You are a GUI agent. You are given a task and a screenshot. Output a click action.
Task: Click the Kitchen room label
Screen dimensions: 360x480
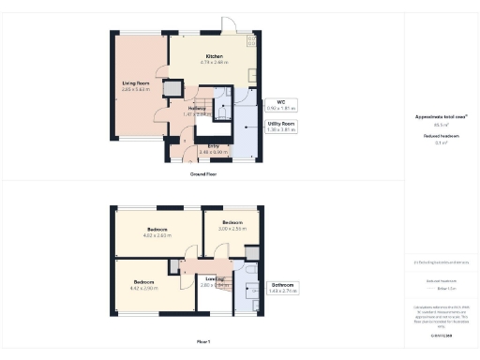point(215,56)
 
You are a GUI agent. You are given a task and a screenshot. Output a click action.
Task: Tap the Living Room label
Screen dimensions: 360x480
point(137,83)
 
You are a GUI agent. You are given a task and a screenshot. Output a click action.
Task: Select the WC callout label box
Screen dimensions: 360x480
point(281,105)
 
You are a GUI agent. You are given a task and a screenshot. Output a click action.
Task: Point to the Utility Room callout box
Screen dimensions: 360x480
point(281,127)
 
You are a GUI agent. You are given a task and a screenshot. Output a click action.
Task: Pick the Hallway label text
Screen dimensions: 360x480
point(197,108)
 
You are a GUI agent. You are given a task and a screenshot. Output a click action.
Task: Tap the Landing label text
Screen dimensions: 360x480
point(215,278)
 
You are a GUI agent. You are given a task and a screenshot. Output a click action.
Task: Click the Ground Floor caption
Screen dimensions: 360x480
point(203,174)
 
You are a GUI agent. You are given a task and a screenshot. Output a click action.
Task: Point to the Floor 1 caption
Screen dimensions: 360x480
point(203,341)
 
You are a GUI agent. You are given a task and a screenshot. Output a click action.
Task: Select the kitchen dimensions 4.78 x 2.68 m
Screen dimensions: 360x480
point(215,63)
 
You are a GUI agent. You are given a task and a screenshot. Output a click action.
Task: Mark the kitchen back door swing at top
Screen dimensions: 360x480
point(228,24)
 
